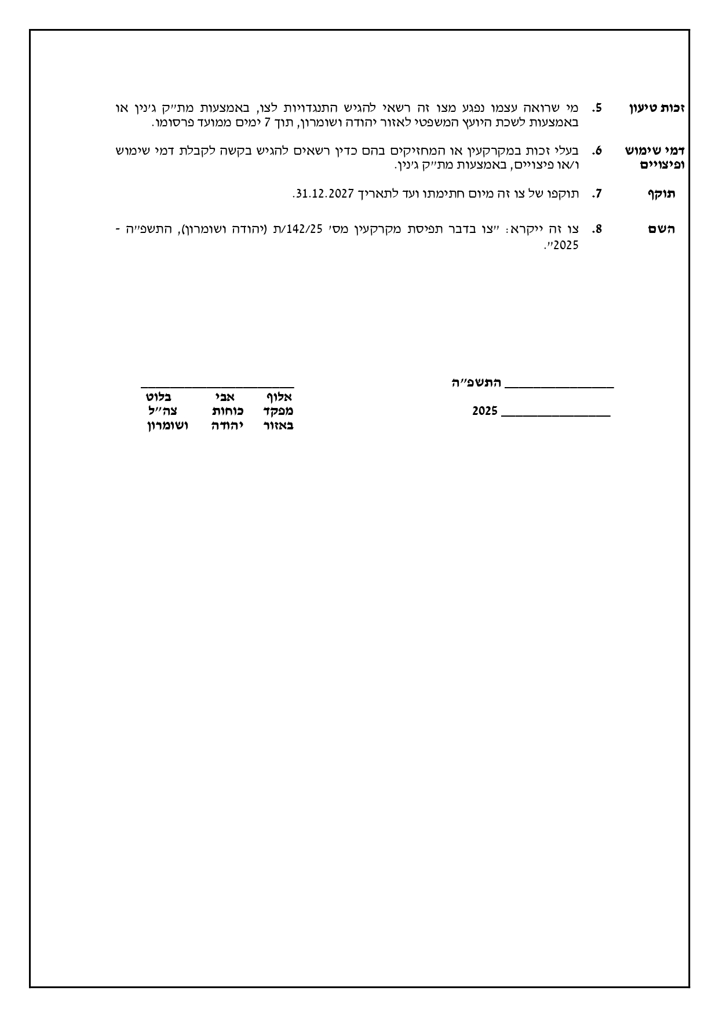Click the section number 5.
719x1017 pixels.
(597, 108)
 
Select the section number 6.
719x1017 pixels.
(597, 151)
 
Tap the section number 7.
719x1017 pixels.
(597, 194)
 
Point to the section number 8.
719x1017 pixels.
(597, 229)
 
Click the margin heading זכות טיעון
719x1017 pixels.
(657, 108)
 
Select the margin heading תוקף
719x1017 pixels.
(661, 194)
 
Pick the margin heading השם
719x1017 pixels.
(662, 229)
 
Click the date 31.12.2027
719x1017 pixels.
(324, 194)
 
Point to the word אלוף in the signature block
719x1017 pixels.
(279, 397)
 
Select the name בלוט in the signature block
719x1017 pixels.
(159, 397)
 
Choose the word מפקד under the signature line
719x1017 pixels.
(278, 411)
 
